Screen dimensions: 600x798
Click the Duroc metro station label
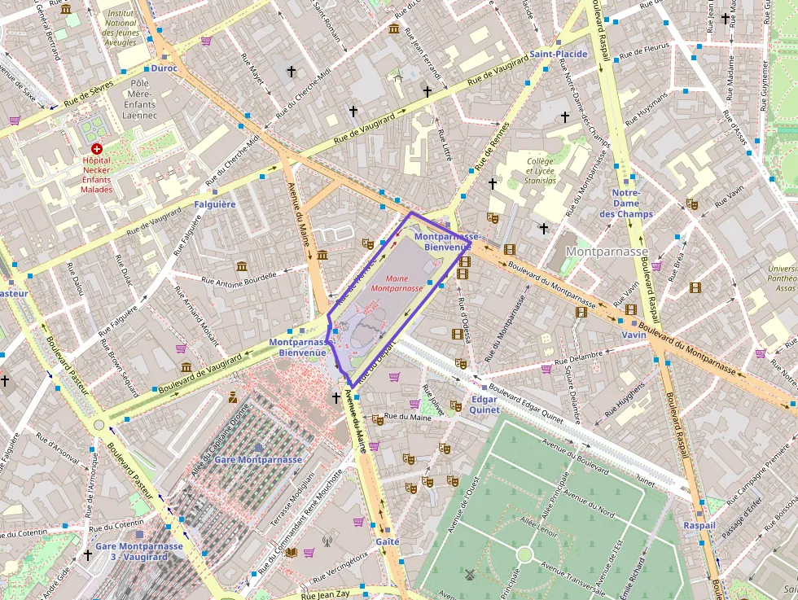coord(164,68)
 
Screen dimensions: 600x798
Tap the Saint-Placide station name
coord(559,54)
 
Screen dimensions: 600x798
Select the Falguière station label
coord(215,204)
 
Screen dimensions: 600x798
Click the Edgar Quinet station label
coord(484,405)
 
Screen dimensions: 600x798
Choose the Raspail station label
coord(699,525)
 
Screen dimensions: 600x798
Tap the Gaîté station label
coord(388,541)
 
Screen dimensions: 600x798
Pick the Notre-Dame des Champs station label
coord(626,203)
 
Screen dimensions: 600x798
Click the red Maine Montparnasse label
coord(397,282)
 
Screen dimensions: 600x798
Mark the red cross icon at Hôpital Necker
coord(97,149)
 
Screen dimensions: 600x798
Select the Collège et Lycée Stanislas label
coord(541,170)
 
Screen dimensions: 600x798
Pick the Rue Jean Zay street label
coord(325,594)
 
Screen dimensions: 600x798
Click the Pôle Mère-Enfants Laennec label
coord(139,99)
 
